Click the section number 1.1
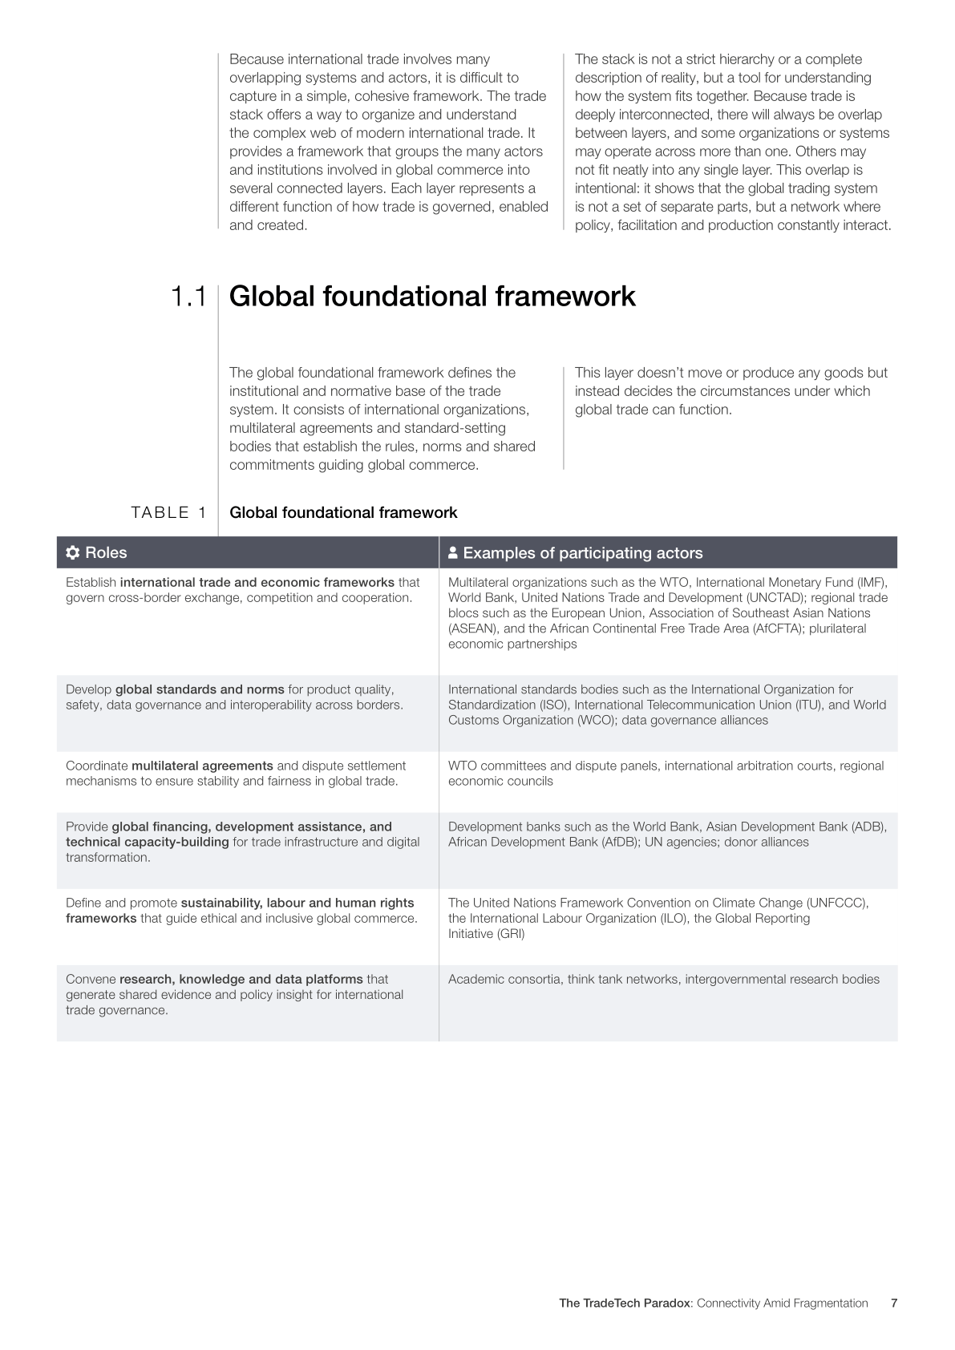[x=188, y=297]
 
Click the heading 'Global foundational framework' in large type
[x=432, y=297]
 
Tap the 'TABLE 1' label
[x=169, y=513]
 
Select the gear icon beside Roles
[x=73, y=553]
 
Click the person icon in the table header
[x=453, y=553]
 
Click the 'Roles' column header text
[x=106, y=553]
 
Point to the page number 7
[x=893, y=1303]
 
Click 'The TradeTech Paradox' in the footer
[x=624, y=1303]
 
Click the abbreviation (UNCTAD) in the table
[x=781, y=598]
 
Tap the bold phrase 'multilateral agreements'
[x=202, y=766]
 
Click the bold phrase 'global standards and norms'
[x=200, y=689]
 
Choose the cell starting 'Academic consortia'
[x=663, y=979]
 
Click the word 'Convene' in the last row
[x=91, y=979]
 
